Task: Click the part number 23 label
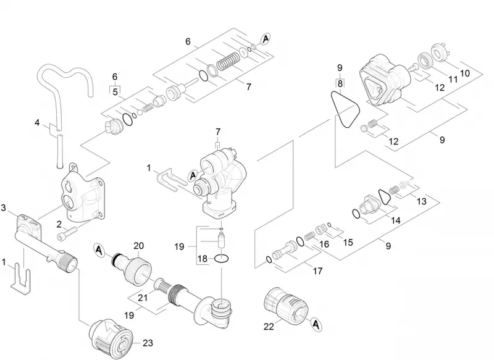click(148, 343)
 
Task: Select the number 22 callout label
click(269, 327)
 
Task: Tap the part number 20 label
click(138, 246)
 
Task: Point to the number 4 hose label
click(37, 122)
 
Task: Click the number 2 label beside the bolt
click(59, 225)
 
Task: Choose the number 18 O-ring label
click(203, 259)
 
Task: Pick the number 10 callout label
click(465, 73)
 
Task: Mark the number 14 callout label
click(395, 220)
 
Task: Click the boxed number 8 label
click(340, 83)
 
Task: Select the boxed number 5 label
click(115, 91)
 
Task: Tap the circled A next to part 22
click(316, 324)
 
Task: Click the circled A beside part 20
click(99, 250)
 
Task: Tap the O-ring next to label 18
click(222, 259)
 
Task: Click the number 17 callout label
click(317, 271)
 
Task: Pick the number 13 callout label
click(422, 201)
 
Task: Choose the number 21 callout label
click(143, 297)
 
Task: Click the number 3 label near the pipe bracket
click(4, 208)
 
